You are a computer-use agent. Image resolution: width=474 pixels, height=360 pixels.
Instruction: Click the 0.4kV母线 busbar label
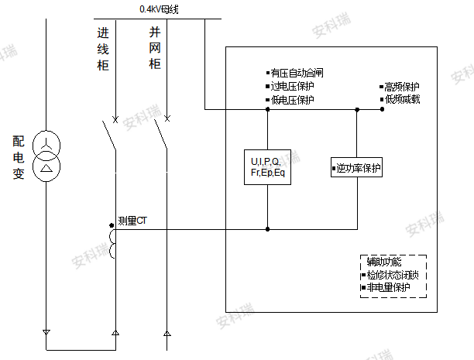159,9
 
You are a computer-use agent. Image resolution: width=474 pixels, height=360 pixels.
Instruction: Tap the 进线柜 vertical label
103,50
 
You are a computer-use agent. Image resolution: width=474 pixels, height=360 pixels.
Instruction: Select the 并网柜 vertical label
155,48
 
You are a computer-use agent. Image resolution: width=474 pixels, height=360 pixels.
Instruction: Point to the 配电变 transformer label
19,157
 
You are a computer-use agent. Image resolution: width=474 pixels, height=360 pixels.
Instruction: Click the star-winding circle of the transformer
46,146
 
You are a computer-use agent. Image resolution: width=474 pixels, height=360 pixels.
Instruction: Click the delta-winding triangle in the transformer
46,168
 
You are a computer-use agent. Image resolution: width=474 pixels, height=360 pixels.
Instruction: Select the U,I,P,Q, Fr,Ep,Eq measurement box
267,167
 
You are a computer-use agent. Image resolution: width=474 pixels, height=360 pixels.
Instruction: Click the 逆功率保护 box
357,167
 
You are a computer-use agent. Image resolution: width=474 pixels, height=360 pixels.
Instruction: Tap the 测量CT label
132,221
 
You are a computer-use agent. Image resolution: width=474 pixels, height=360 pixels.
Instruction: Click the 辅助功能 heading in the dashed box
384,262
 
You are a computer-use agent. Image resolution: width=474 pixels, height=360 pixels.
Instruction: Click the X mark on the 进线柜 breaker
115,120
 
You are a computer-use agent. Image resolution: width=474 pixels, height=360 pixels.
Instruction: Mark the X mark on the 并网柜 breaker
167,118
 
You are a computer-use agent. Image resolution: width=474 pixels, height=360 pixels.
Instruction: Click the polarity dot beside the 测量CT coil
112,225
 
